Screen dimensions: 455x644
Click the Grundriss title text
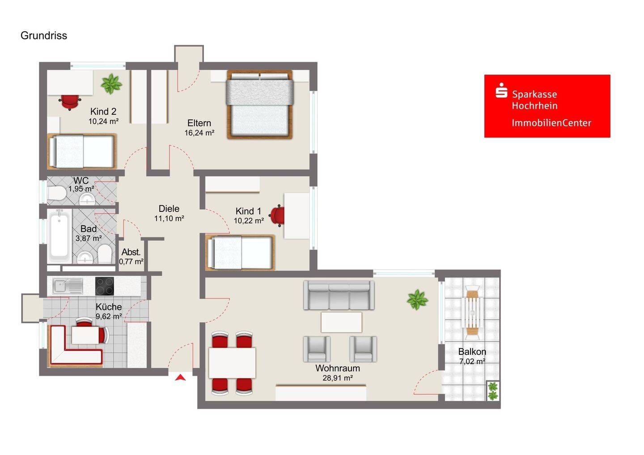(44, 36)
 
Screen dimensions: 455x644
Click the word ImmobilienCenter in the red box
(551, 123)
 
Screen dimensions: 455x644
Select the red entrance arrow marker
(180, 378)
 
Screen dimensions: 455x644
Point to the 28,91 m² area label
(338, 378)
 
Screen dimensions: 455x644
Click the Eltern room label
(199, 123)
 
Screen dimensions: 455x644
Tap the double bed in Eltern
(259, 105)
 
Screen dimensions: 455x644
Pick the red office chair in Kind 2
(69, 102)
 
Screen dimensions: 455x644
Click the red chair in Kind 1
(278, 215)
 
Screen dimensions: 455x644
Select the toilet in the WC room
(57, 194)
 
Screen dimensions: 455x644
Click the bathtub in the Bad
(59, 236)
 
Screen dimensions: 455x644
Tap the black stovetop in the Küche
(105, 286)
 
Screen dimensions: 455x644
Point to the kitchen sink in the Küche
(68, 286)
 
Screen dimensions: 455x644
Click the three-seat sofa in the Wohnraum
(339, 295)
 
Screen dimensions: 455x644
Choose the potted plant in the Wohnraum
(417, 299)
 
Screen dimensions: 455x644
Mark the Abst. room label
(131, 252)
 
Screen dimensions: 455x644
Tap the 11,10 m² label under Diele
(169, 219)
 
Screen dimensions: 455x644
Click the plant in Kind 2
(111, 84)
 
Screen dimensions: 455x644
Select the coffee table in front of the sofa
(341, 322)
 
